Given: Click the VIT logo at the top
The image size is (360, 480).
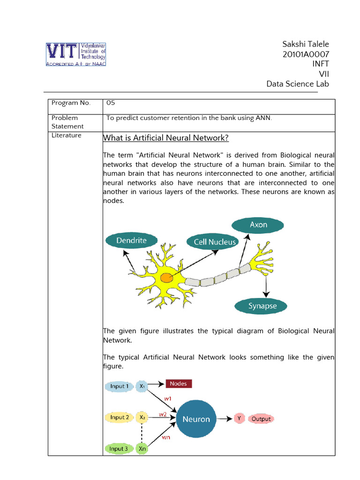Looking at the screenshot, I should pos(75,54).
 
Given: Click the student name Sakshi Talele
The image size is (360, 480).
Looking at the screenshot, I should pos(306,44).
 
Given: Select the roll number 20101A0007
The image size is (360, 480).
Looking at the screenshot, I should pos(306,54).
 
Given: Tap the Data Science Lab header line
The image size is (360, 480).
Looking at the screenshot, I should pos(298,84).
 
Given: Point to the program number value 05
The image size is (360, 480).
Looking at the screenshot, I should pos(111,103).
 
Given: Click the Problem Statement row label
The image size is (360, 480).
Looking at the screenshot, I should pos(67,122).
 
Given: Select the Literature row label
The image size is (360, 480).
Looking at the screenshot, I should pos(66,135).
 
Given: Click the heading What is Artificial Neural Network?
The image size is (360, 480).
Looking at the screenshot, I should pos(165,138).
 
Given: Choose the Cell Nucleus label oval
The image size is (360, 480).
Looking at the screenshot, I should pos(211,242).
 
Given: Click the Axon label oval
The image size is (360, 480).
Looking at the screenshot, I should pos(258,225).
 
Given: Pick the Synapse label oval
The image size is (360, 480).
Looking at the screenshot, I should pos(262,306).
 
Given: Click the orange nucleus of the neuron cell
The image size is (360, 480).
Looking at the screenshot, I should pos(166,278).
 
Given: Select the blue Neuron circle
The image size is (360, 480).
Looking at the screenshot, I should pos(196,419).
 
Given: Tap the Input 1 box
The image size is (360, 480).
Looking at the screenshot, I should pos(119,386).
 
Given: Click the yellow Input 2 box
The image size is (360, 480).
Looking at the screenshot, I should pos(119,417).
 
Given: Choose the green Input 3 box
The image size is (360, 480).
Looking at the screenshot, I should pos(119,449).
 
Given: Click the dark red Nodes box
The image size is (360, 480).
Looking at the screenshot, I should pos(178,383).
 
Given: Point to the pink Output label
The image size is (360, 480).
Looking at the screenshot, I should pos(261,419).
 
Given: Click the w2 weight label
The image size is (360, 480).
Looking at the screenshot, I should pos(163,414).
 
